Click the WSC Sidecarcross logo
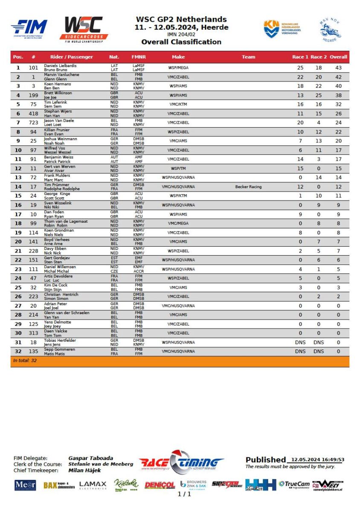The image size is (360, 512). click(x=84, y=29)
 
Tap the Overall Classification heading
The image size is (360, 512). click(x=181, y=42)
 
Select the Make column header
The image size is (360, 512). click(x=178, y=57)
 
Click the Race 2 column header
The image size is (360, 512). click(x=319, y=57)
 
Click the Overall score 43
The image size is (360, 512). click(x=338, y=68)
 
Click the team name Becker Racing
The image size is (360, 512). click(x=248, y=186)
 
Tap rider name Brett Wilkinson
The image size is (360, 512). click(x=58, y=93)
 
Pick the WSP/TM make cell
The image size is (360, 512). click(x=178, y=169)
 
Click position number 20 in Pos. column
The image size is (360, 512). click(x=18, y=241)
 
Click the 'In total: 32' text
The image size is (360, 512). click(x=25, y=361)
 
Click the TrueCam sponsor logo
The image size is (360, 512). click(x=294, y=484)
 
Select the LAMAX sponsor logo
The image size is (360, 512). click(x=93, y=485)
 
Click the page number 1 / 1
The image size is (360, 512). click(x=184, y=494)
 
